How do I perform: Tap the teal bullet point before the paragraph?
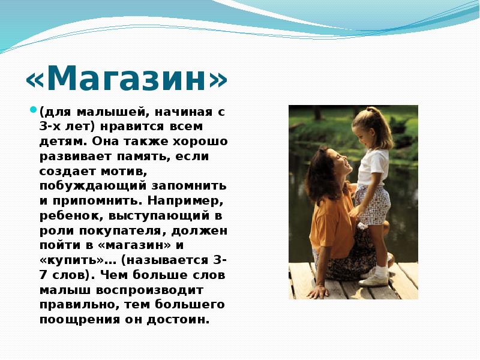[x=34, y=110]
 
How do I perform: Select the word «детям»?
[x=58, y=141]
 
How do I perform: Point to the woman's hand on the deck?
[x=317, y=291]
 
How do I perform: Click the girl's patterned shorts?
[x=372, y=204]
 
